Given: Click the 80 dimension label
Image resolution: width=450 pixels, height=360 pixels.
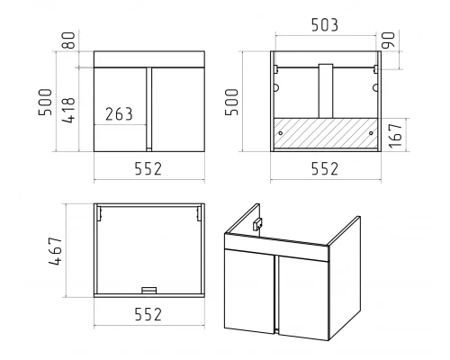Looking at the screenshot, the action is point(69,40).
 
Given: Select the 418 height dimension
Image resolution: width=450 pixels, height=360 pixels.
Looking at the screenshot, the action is point(68,110).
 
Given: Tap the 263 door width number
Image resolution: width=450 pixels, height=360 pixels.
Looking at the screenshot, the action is point(119,114).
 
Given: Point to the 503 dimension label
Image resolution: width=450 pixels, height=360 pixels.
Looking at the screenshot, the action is point(325,25).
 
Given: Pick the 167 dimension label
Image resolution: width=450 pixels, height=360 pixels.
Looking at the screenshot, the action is point(395,135).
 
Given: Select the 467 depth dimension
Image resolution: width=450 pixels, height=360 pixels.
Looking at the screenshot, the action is point(56,251).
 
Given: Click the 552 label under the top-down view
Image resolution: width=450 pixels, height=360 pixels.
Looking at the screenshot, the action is point(148,314).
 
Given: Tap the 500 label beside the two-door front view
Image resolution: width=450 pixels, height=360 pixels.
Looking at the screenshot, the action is point(45,102).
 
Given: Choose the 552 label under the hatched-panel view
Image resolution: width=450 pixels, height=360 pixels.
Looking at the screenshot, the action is point(325,168).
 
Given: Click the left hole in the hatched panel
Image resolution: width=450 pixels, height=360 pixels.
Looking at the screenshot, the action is point(281,133).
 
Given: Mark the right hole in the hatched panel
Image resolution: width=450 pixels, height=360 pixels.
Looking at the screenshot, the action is point(371,133).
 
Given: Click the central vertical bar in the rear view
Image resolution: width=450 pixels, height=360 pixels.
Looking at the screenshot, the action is point(326,91).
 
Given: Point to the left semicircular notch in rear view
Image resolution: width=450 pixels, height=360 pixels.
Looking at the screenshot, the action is point(276,88).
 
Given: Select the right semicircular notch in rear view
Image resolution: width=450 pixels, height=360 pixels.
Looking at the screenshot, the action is point(375,88).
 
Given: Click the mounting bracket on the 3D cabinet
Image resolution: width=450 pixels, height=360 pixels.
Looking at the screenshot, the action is point(257,224).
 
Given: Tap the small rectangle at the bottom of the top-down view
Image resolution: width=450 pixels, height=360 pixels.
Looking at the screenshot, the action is point(149,290).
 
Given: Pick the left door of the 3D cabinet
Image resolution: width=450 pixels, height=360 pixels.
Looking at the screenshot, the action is point(249,291).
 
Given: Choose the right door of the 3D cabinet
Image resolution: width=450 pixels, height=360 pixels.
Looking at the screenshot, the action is point(303,298).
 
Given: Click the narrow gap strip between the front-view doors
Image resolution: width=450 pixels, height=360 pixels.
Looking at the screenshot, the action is point(149,110).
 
